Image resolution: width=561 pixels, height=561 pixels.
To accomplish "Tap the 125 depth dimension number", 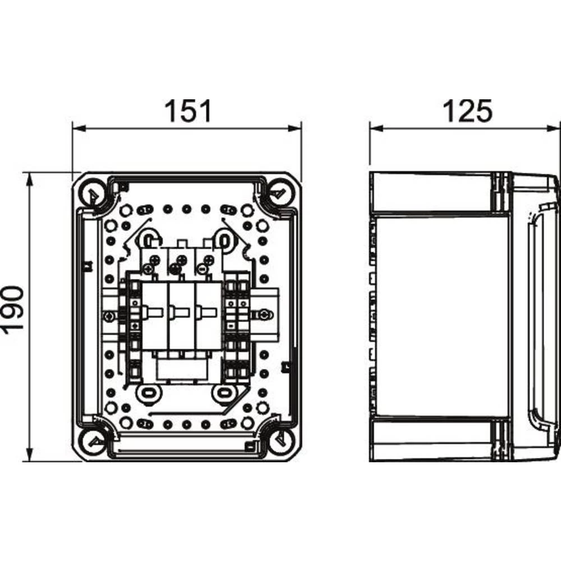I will [467, 111].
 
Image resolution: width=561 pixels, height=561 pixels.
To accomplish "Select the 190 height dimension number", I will [13, 318].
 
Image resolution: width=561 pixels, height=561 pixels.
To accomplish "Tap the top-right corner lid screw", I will [279, 193].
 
